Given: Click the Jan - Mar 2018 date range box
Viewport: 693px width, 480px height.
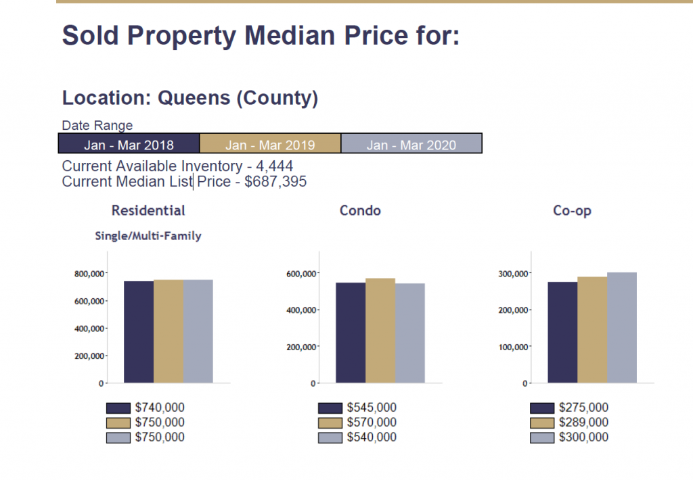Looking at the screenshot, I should point(129,145).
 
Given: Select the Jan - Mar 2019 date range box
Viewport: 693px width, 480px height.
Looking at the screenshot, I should point(270,145).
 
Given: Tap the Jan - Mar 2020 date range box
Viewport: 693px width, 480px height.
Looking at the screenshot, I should point(411,145).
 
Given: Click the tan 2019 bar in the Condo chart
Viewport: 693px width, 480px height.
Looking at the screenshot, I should point(380,331).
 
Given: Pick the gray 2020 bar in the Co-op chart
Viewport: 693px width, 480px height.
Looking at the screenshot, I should point(622,328).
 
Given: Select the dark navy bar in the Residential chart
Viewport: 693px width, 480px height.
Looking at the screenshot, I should point(139,332).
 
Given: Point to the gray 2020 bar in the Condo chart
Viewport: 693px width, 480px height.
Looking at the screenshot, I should point(410,333).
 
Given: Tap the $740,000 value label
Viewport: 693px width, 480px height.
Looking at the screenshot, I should point(160,408).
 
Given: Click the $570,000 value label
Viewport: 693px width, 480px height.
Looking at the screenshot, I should point(372,423).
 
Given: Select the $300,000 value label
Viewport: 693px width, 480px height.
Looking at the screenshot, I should point(583,437).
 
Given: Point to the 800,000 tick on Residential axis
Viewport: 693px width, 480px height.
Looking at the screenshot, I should point(89,274).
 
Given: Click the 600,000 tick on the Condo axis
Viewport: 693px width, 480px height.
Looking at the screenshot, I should point(300,274).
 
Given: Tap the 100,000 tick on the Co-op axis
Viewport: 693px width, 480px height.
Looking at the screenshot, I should point(512,347).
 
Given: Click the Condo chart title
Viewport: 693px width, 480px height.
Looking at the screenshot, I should point(360,211).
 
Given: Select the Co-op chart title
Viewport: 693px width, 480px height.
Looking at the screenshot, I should point(572,211).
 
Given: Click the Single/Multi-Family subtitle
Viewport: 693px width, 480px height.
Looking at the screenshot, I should point(147,236).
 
